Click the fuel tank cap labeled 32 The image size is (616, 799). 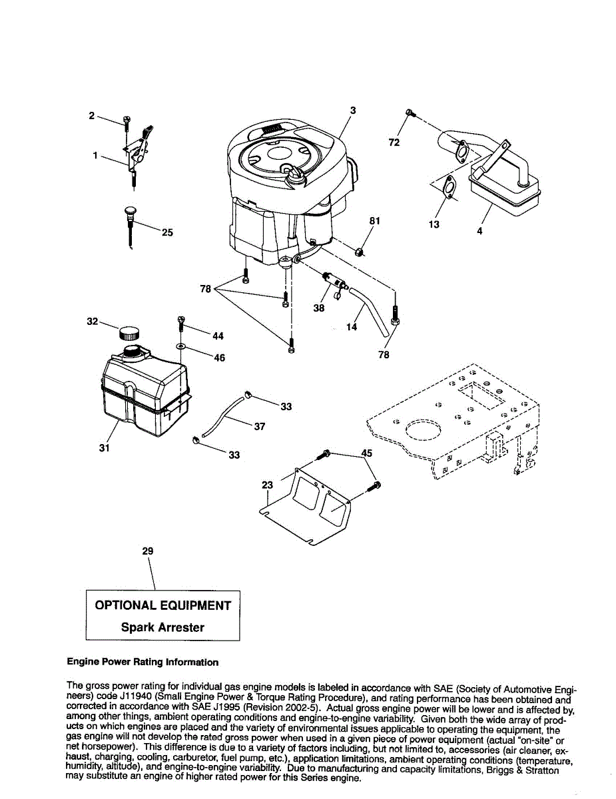[x=130, y=332]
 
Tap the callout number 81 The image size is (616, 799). [x=374, y=221]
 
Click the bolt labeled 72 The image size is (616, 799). [x=410, y=114]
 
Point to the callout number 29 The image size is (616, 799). [x=148, y=551]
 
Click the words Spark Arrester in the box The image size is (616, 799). [x=162, y=627]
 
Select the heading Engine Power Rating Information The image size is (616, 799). [x=143, y=663]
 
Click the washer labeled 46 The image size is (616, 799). [x=180, y=347]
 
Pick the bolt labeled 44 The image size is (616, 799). [x=180, y=324]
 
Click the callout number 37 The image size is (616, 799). [x=260, y=426]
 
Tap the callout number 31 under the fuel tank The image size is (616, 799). [x=104, y=448]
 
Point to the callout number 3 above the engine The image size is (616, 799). [x=353, y=111]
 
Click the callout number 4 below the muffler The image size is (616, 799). [x=479, y=231]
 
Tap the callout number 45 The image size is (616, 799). [x=366, y=453]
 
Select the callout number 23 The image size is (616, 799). [x=268, y=485]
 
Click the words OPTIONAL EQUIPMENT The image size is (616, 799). [x=163, y=605]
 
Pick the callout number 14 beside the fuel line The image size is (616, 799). [x=352, y=327]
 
